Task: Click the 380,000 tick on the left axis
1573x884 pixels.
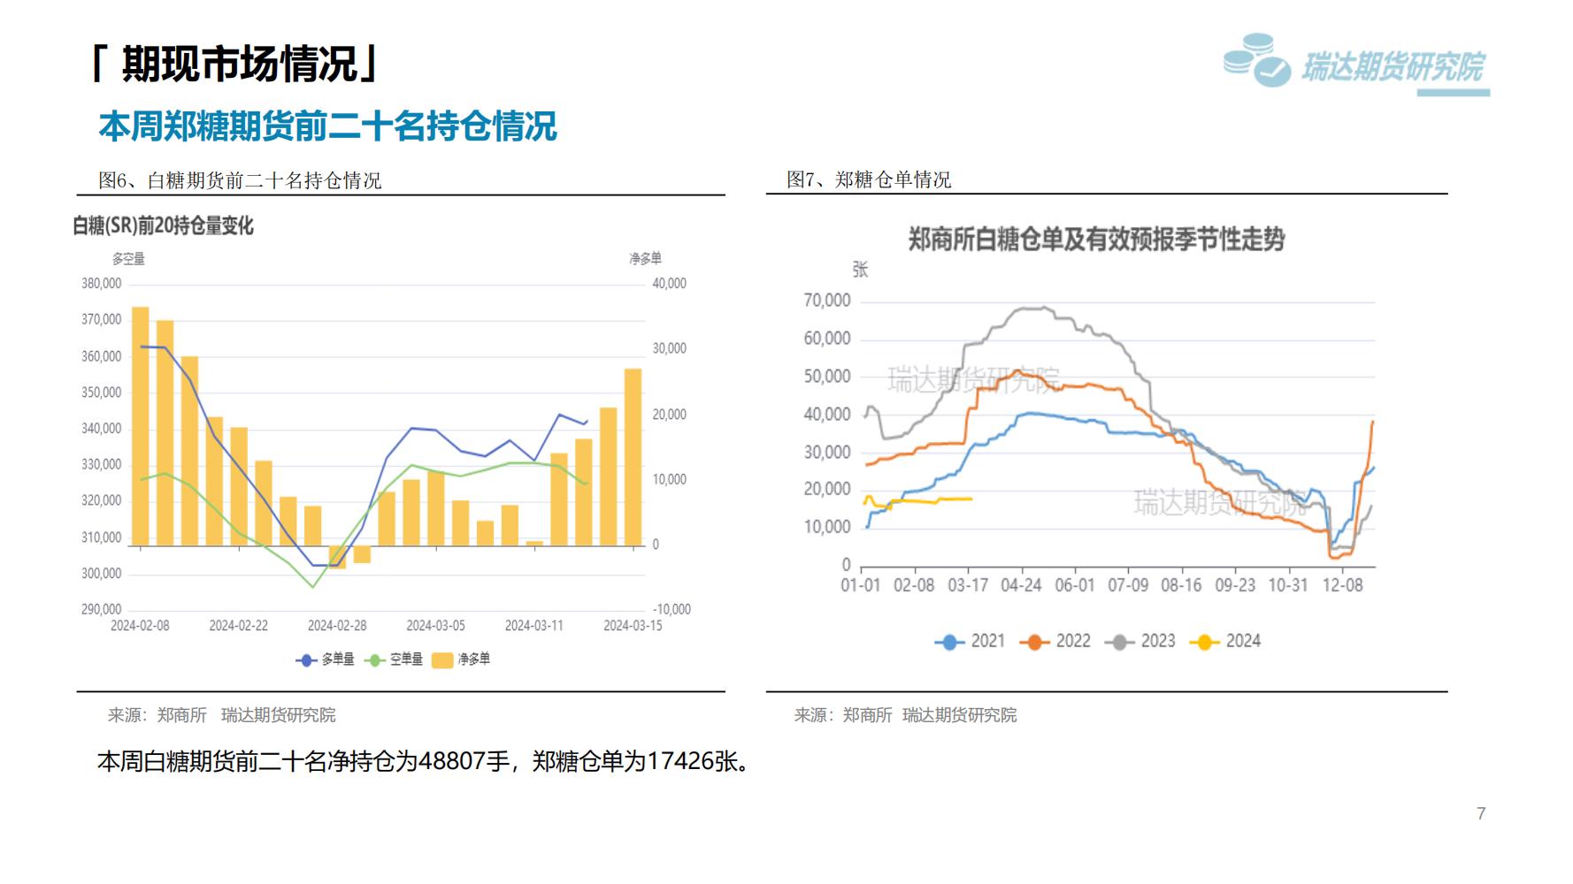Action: (x=101, y=284)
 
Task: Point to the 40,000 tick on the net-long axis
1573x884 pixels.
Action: (x=669, y=284)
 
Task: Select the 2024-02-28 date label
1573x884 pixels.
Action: (x=337, y=626)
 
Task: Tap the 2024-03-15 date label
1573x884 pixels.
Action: (x=633, y=626)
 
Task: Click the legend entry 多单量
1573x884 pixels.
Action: (x=326, y=659)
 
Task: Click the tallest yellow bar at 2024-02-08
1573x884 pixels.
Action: (x=140, y=425)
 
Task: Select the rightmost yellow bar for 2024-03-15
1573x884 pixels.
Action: (x=633, y=456)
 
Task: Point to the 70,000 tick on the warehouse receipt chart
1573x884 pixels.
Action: (x=827, y=301)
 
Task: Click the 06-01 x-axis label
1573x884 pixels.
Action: (x=1074, y=586)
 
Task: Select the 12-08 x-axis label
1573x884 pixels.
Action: (x=1342, y=586)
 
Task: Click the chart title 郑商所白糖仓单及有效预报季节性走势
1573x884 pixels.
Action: (x=1096, y=240)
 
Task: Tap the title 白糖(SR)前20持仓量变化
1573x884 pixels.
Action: (x=164, y=226)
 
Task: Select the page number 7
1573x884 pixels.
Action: (x=1481, y=813)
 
